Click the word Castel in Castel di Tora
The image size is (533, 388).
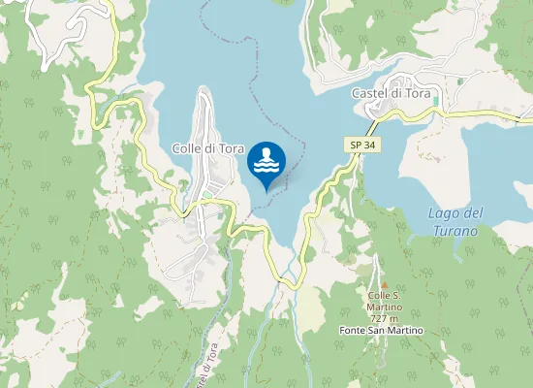tap(367, 92)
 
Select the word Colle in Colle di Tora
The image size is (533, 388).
tap(187, 148)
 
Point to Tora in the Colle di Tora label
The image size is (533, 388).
tap(230, 148)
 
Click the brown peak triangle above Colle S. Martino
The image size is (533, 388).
tap(384, 284)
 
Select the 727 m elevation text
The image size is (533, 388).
tap(384, 319)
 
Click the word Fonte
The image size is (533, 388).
tap(355, 331)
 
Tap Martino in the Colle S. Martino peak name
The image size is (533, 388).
tap(384, 307)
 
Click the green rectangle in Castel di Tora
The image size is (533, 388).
tap(436, 100)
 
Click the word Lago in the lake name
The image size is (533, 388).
tap(442, 213)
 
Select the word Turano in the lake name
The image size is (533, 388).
tap(455, 231)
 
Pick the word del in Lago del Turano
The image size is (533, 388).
tap(472, 213)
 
